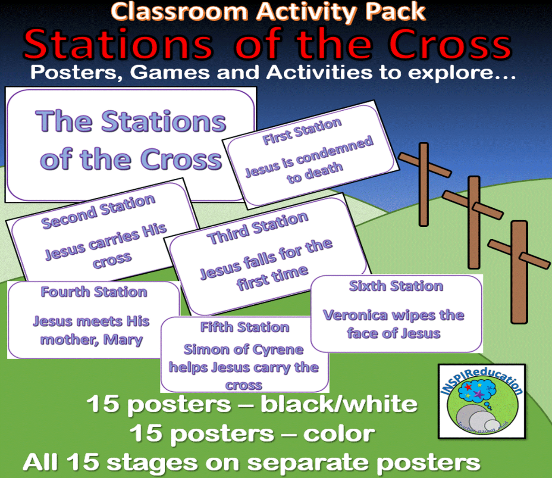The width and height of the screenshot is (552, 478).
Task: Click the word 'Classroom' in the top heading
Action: [x=179, y=12]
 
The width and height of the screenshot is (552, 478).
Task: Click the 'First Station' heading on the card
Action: [x=302, y=131]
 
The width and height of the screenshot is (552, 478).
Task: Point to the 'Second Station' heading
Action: [x=98, y=211]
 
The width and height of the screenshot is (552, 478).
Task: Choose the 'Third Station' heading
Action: [x=257, y=228]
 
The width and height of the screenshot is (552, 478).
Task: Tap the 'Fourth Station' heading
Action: [x=94, y=292]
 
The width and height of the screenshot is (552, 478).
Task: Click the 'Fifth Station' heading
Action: [x=245, y=327]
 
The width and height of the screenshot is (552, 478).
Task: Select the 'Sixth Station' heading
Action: [x=396, y=286]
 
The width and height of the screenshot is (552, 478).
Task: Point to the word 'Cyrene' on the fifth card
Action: [x=278, y=350]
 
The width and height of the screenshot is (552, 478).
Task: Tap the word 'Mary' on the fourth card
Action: [x=123, y=340]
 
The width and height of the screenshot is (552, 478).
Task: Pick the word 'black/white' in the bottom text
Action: [x=339, y=404]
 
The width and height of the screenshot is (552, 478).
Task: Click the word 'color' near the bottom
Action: [x=339, y=434]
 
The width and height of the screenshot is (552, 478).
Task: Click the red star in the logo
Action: [x=468, y=387]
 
